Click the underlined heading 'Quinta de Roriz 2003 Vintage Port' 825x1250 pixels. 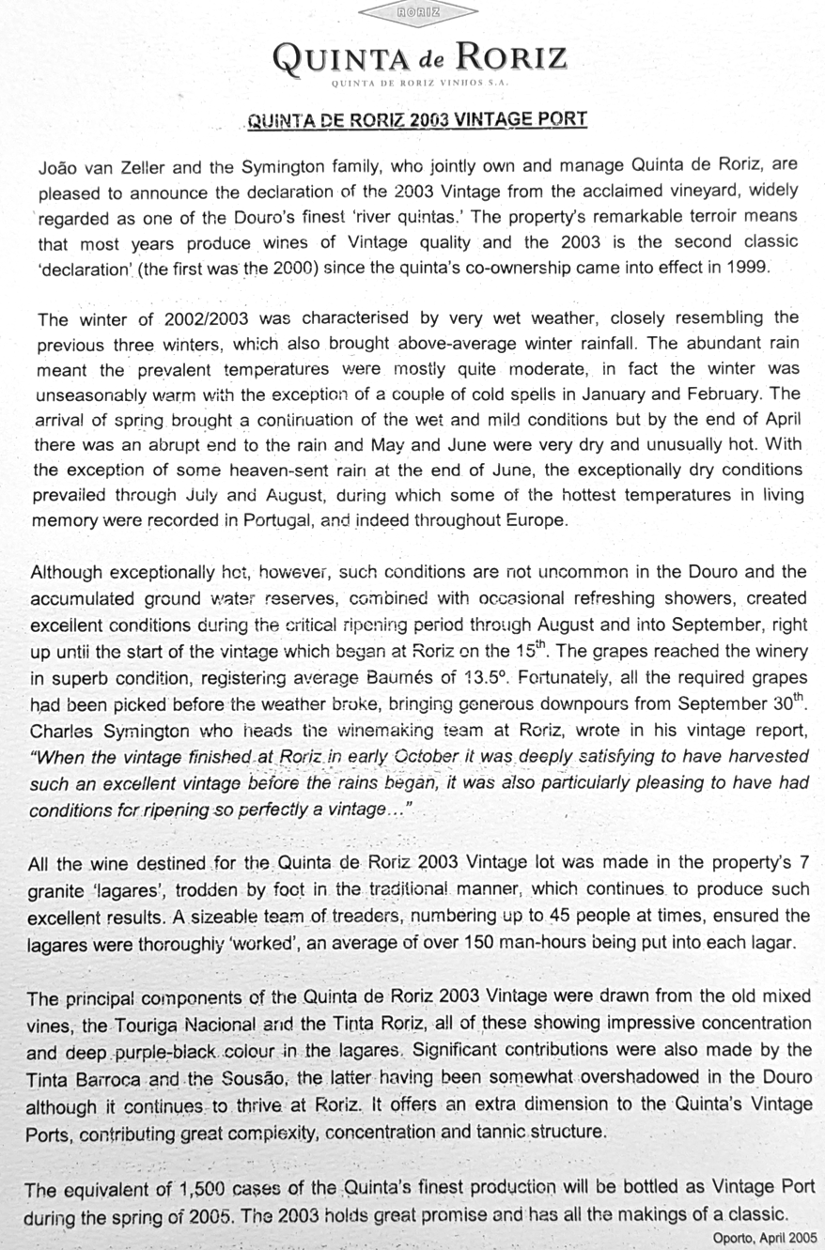(x=416, y=119)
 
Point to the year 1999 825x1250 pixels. (x=748, y=266)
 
